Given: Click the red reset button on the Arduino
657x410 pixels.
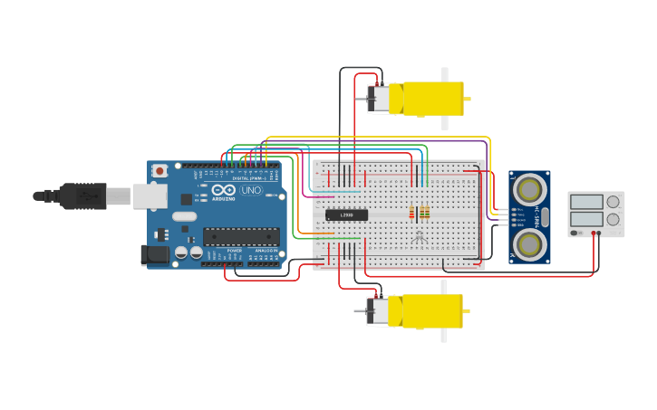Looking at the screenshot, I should pos(160,170).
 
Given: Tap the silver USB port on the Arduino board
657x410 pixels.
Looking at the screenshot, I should pos(150,195).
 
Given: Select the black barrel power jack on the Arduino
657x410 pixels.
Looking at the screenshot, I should pos(156,255).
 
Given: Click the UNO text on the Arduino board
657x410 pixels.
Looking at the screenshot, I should pos(251,190).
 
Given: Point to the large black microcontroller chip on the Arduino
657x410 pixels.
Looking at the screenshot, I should pos(240,236).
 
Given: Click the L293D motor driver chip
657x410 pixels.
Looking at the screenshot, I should pos(347,215).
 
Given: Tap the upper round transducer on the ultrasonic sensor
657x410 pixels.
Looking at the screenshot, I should pos(529,188).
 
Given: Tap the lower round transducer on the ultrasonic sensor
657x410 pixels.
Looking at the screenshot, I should pos(529,243).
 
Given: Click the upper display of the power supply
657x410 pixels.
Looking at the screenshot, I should pos(586,202).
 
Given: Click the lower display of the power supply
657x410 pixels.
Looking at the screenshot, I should pos(586,219).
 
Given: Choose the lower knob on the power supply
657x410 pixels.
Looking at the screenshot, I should pos(614,219).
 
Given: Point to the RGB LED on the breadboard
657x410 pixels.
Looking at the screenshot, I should pos(419,236).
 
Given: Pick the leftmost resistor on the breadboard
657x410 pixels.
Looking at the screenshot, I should pos(411,213).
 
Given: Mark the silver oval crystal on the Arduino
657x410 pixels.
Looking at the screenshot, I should pos(184,216).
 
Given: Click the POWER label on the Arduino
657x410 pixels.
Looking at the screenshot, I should pos(234,251).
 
